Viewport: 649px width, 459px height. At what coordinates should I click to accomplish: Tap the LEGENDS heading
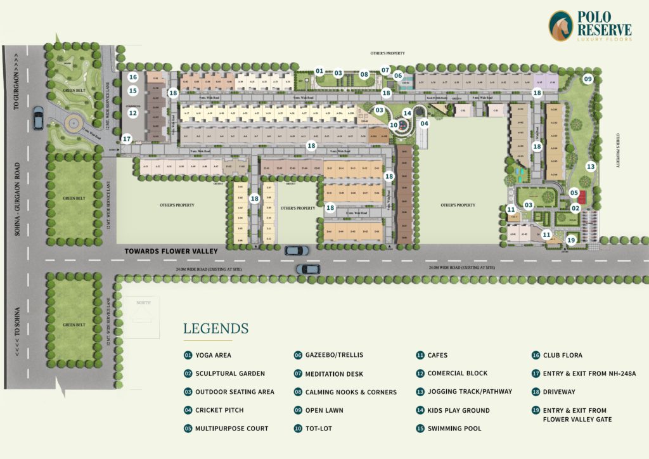[215, 328]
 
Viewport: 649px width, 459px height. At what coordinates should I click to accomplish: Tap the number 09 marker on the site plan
[588, 79]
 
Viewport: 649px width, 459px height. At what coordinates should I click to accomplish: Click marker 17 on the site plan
[127, 138]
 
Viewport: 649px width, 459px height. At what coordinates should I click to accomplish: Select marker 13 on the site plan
[591, 167]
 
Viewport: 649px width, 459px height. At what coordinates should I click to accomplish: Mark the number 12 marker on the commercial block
[133, 113]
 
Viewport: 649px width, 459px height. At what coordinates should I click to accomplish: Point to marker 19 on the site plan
[571, 240]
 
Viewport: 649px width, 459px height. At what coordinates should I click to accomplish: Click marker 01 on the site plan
[319, 71]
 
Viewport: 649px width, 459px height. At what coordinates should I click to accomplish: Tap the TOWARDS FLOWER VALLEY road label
[171, 251]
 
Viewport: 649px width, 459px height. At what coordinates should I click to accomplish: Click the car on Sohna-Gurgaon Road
[38, 118]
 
